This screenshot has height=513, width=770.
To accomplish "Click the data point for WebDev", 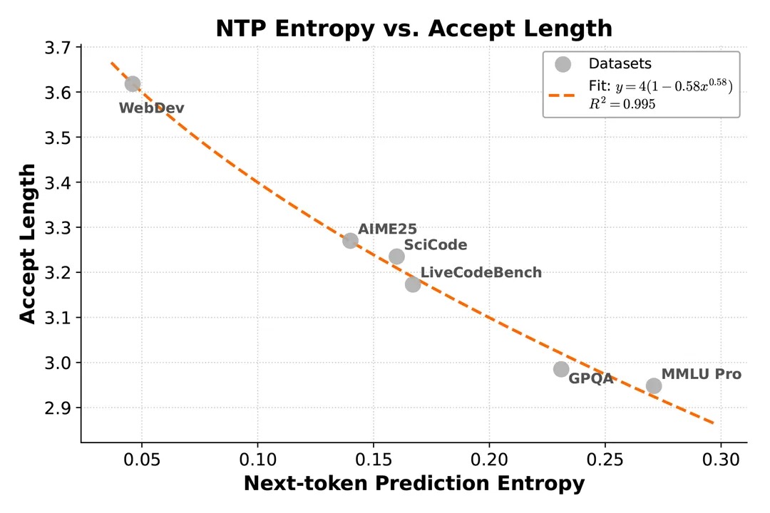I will click(133, 84).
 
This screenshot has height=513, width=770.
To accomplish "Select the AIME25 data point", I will click(350, 241).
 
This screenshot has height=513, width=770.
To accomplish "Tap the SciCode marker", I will click(397, 256).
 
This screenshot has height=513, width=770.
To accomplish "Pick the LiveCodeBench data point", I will click(413, 284).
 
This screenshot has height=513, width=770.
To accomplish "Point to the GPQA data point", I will click(561, 369).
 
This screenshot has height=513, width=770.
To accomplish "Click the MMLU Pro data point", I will click(654, 385).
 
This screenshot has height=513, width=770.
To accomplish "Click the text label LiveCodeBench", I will click(481, 273).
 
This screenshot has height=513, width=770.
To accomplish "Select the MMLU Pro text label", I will click(702, 374).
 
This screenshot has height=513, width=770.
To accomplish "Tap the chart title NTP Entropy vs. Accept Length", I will click(414, 28).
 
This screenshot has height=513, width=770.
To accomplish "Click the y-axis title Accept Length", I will click(27, 243).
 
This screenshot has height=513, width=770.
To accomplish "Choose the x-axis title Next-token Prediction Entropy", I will click(414, 484).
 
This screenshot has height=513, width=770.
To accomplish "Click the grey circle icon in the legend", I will click(563, 64).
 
